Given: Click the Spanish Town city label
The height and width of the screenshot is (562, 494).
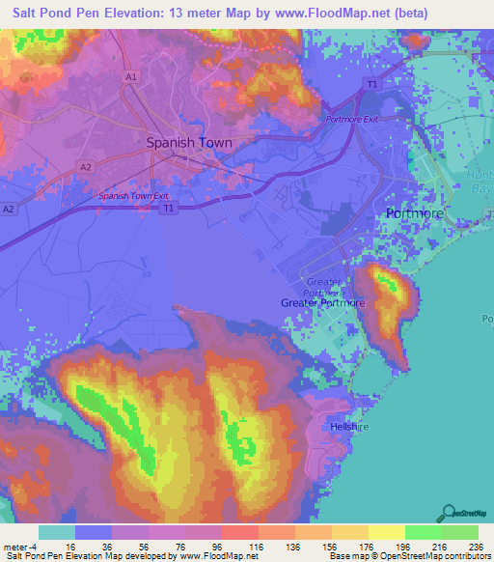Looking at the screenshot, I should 189,142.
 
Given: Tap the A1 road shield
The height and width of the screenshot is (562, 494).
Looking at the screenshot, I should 130,75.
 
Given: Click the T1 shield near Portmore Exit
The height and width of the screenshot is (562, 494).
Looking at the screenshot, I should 370,85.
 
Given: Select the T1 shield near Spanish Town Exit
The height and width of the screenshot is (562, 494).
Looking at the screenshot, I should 169,207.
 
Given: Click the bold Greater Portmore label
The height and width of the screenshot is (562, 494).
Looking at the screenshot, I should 323,303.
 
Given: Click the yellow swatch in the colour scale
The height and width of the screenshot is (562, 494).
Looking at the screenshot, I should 386,532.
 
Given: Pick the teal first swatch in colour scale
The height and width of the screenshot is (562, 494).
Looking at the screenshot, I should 57,532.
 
